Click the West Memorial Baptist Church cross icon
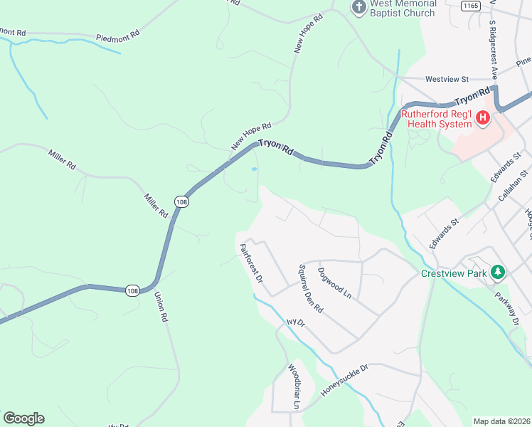coord(359,7)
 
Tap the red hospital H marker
coord(483,117)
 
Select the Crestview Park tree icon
coord(499,271)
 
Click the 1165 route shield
coord(469,5)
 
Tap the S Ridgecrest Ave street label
coord(491,49)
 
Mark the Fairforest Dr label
coord(251,264)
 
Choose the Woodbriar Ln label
coord(294,387)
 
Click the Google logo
coord(23,418)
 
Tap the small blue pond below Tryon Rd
coord(254,169)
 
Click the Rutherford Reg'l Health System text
coord(436,119)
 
